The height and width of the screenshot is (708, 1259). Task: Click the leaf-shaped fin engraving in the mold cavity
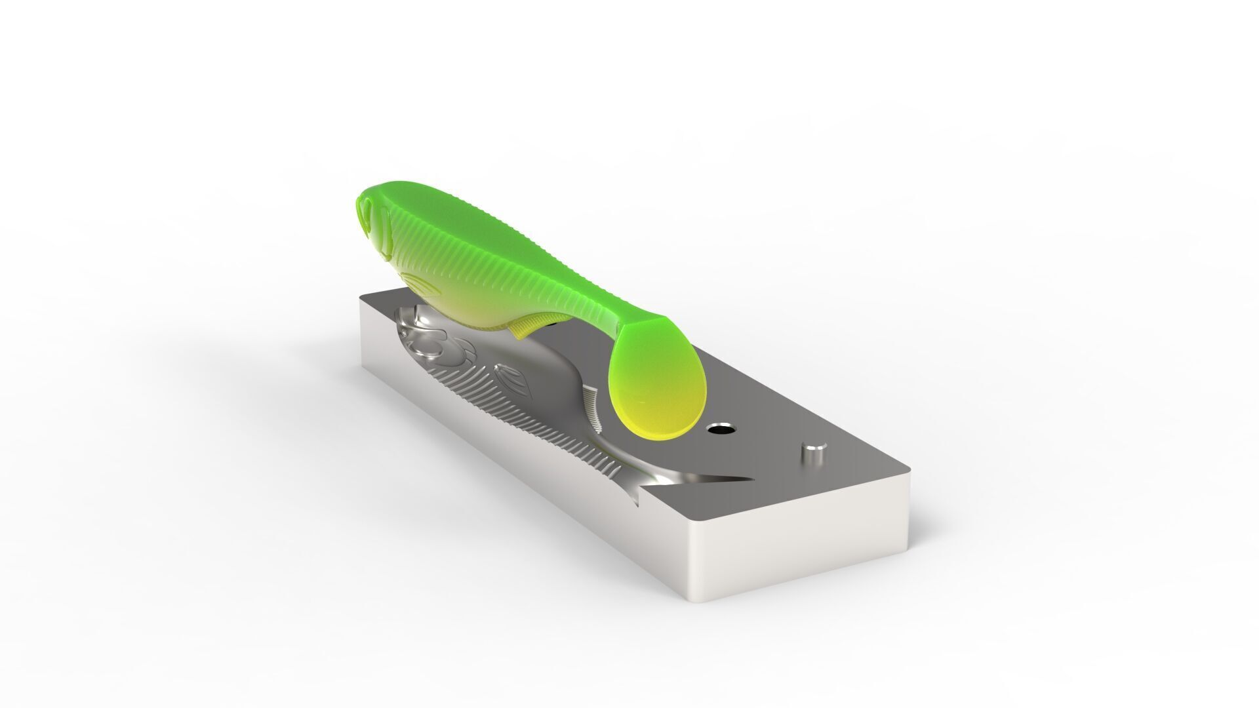click(509, 377)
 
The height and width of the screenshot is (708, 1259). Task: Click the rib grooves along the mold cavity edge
click(557, 433)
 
